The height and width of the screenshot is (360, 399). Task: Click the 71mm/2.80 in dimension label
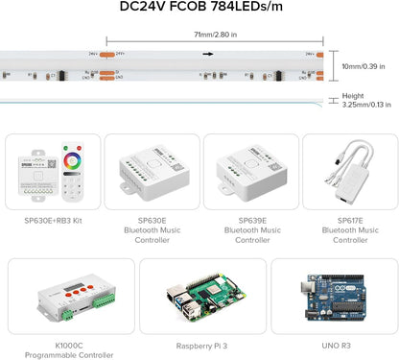point(200,35)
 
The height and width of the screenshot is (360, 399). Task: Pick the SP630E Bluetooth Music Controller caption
point(152,230)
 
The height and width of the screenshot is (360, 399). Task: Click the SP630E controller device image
point(152,171)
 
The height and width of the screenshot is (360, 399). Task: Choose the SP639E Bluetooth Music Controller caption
point(251,230)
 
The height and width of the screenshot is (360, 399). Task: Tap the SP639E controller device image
point(251,171)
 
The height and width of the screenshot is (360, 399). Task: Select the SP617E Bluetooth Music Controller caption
point(349,230)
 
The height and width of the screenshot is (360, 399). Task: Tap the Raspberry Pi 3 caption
point(202,345)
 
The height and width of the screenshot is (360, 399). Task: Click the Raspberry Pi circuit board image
point(201,297)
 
